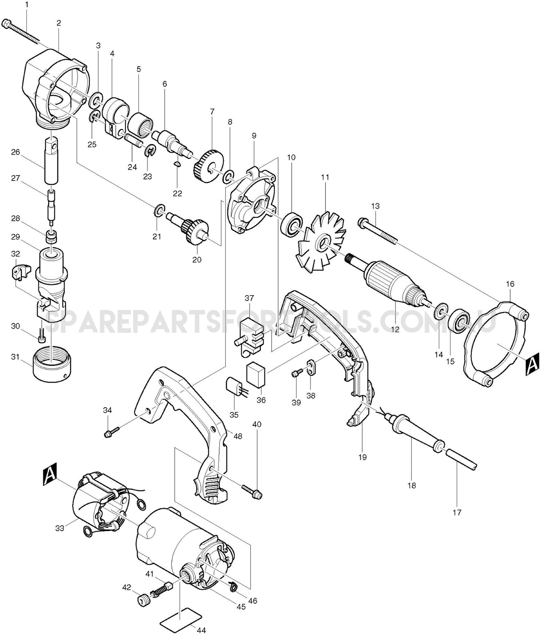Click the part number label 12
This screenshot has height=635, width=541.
click(x=395, y=329)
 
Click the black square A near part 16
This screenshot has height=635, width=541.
click(x=531, y=365)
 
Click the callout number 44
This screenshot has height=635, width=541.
click(x=201, y=630)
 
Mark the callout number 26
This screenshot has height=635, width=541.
click(x=15, y=152)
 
